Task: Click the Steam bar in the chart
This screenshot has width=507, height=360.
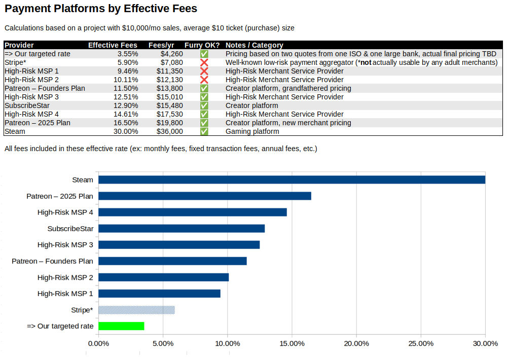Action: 292,179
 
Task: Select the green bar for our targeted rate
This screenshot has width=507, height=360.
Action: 121,326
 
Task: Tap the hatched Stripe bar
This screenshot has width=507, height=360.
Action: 136,310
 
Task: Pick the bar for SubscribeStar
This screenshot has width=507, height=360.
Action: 182,229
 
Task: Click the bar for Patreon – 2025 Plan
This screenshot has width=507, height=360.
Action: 205,196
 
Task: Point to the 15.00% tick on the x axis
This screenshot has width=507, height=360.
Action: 292,344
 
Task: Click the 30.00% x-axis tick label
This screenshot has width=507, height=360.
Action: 485,344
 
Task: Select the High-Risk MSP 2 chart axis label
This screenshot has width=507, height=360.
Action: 65,277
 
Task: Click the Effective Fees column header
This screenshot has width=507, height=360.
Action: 113,45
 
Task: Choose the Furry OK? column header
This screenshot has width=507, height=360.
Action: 202,45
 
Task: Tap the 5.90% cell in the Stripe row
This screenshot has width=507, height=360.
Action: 127,62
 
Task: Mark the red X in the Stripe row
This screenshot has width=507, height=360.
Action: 204,62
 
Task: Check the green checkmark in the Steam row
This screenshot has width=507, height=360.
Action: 204,131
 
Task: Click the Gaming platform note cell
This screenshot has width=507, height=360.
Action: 252,131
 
